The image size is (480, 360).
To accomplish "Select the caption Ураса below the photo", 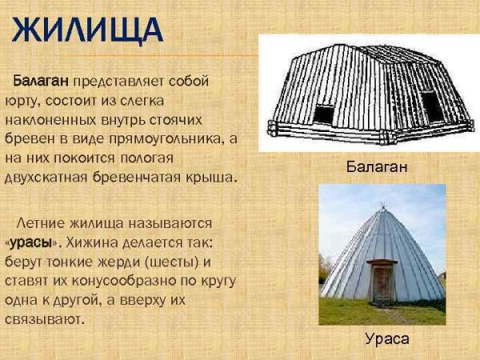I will (x=386, y=338).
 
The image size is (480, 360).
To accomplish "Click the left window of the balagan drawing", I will (x=323, y=114).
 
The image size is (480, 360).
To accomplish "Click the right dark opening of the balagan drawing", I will (x=432, y=106).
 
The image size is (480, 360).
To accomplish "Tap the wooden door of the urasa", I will (x=382, y=283).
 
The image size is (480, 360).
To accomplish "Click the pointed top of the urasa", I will (x=382, y=209).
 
